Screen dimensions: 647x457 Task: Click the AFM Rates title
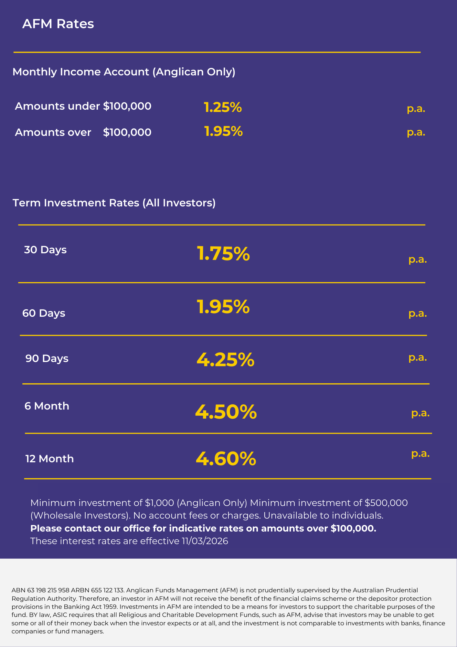coord(58,24)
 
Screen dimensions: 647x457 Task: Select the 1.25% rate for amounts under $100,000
coord(223,107)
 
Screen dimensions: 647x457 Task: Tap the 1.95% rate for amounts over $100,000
coord(223,131)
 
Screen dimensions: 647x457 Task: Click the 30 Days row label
coord(45,250)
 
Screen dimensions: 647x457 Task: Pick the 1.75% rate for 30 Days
coord(223,253)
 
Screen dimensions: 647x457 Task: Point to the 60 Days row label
coord(44,313)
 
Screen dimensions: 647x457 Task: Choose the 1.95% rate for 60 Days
coord(223,307)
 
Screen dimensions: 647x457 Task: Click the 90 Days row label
coord(47,358)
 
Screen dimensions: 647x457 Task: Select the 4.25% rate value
coord(225,360)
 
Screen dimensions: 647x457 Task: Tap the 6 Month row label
coord(47,406)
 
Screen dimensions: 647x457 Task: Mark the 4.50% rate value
coord(226,412)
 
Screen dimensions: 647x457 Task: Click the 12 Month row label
coord(49,459)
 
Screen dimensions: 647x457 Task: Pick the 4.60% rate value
coord(226,459)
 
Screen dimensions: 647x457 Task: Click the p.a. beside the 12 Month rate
coord(420,454)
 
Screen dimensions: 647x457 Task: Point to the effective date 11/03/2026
coord(205,541)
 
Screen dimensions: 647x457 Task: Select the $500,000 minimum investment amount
coord(386,503)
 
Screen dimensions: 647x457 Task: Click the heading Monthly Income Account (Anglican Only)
coord(124,72)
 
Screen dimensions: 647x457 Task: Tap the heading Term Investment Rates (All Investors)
coord(114,203)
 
